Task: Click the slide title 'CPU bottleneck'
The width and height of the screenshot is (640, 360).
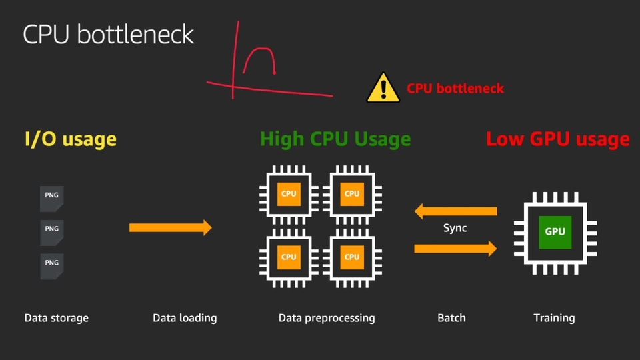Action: (108, 34)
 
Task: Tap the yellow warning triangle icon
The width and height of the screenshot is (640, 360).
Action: (383, 88)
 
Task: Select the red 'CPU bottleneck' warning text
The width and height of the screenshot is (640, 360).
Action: (455, 89)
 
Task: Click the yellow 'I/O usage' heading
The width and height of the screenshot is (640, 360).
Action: (71, 139)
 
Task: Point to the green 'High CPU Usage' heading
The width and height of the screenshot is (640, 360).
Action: (335, 139)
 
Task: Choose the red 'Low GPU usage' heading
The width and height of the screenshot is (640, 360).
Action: (557, 139)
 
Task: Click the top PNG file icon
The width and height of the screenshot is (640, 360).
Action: (52, 199)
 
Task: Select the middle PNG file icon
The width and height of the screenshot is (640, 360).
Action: (52, 233)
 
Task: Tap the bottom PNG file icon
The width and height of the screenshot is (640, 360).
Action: (52, 267)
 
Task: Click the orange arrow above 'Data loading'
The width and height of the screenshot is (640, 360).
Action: (171, 227)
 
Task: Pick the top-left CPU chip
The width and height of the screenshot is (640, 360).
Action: (289, 194)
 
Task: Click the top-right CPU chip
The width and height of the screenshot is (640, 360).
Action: (352, 194)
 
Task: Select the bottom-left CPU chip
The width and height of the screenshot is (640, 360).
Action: (289, 257)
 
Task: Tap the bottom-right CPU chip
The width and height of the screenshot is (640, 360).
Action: (352, 257)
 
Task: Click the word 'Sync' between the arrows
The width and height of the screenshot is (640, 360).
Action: (455, 228)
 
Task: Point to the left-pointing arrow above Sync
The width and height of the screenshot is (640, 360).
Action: (455, 211)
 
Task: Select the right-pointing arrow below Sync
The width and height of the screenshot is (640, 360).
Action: (455, 249)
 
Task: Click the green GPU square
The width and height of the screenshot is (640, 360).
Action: (555, 232)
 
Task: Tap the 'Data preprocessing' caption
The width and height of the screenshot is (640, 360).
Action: (327, 318)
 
